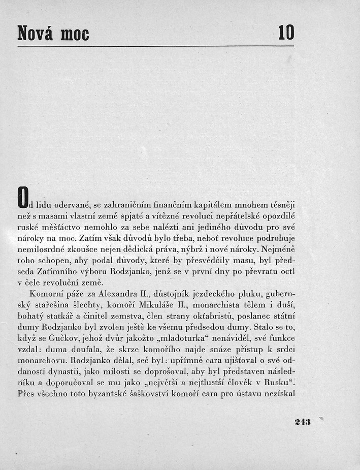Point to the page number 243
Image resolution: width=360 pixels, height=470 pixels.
click(x=303, y=421)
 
